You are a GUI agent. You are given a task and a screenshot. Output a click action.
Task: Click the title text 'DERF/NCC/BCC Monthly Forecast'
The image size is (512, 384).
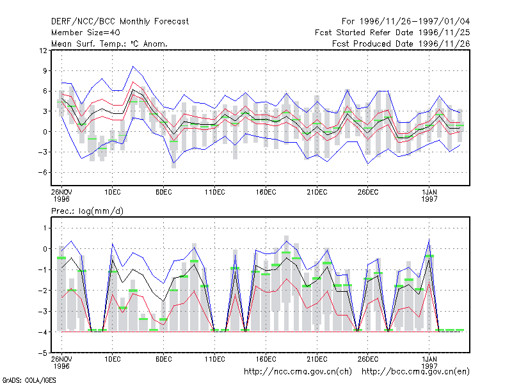click(120, 22)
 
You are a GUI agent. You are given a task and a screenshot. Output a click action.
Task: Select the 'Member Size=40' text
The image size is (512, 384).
click(86, 33)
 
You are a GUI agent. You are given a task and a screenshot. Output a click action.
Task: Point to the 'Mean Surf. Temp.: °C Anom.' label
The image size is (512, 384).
click(109, 44)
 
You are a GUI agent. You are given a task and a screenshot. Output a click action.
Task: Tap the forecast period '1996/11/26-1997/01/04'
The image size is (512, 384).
click(415, 22)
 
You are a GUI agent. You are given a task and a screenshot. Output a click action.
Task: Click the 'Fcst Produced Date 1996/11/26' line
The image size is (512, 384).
click(401, 44)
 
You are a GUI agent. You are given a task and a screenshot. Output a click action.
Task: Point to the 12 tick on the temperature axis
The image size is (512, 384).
click(43, 51)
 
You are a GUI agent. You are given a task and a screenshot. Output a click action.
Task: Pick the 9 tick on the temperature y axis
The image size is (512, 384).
click(45, 70)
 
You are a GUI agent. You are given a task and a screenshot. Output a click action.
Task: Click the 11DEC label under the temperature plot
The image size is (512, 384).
click(215, 192)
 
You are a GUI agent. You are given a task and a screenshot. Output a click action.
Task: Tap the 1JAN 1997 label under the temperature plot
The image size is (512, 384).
click(429, 195)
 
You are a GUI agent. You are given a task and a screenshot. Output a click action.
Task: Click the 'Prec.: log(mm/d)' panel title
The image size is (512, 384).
click(87, 211)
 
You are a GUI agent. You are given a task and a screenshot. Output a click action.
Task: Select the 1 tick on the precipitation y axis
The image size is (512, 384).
click(45, 228)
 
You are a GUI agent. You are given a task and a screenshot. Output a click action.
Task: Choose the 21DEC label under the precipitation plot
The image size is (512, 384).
click(317, 359)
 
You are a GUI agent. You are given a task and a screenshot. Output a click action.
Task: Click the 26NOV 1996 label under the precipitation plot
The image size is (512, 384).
click(61, 362)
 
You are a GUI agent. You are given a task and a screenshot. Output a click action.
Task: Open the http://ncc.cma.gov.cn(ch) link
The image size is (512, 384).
click(298, 372)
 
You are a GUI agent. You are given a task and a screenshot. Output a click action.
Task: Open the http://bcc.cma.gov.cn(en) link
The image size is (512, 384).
click(415, 372)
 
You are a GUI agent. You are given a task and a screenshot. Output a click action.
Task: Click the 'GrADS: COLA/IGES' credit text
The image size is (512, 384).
click(29, 380)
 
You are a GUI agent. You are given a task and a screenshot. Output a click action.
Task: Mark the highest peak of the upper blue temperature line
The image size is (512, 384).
click(132, 67)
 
